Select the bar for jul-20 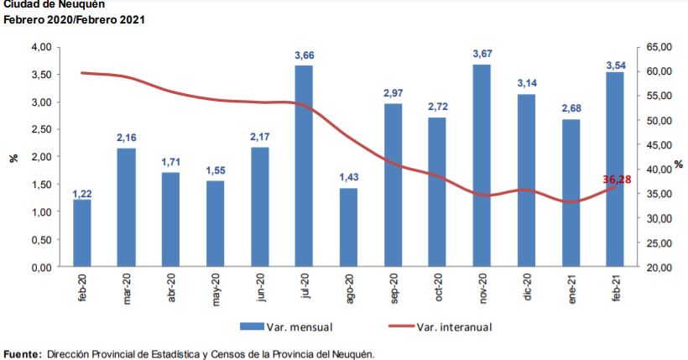[304, 166]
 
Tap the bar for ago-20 [348, 227]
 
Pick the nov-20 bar [482, 166]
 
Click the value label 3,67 [482, 55]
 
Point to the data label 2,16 [127, 138]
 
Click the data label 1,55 [215, 171]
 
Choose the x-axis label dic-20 [526, 286]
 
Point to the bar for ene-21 [571, 193]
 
